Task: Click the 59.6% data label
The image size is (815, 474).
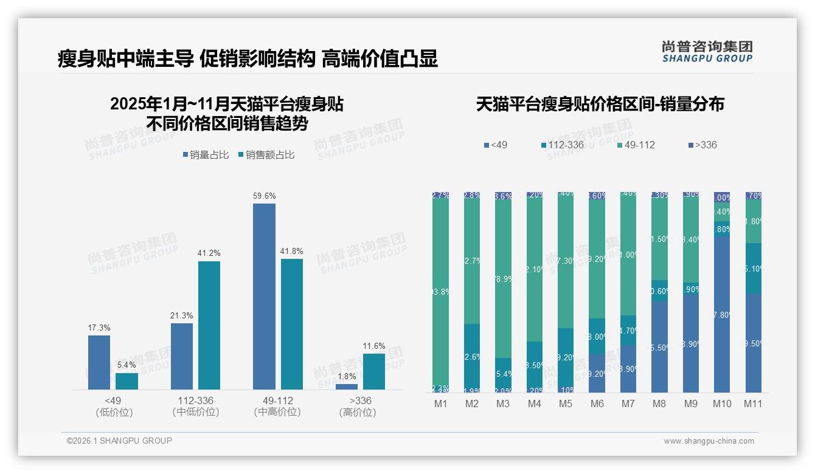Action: point(264,196)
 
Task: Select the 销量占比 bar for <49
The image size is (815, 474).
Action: point(99,362)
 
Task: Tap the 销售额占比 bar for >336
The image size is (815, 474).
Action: point(373,371)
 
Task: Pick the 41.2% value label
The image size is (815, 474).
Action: point(209,253)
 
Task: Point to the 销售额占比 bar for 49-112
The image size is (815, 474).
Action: point(291,324)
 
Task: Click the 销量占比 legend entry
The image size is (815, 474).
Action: point(206,155)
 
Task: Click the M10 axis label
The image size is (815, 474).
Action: point(722,404)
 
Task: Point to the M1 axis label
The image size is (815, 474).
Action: point(440,404)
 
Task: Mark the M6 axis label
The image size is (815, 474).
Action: point(597,404)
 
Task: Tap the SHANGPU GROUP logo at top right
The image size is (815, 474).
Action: point(707,52)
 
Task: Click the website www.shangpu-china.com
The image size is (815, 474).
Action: point(709,441)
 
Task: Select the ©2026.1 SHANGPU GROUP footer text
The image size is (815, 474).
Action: point(119,441)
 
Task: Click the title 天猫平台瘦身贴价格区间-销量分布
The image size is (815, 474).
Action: point(600,104)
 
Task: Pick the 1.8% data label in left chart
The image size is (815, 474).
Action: point(346,377)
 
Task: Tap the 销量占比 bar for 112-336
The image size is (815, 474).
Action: point(181,356)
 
